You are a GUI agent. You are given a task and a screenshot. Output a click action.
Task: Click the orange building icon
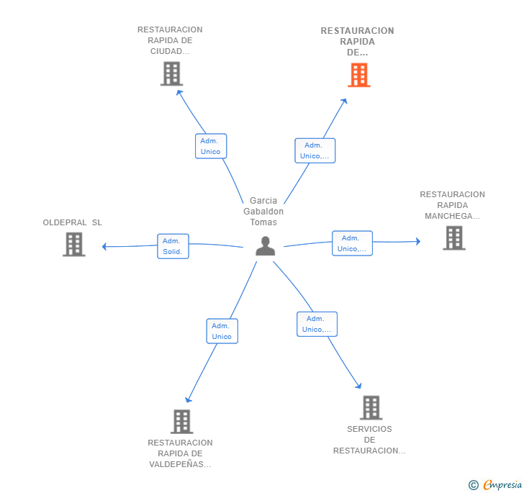359,75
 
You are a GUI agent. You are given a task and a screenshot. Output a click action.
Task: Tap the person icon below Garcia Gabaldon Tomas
266,246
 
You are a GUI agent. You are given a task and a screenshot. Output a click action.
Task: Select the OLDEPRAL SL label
72,222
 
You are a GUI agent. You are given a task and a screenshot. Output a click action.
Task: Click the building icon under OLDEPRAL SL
74,245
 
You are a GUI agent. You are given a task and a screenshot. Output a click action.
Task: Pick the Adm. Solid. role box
173,246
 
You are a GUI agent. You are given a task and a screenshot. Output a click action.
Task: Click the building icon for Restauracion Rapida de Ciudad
171,74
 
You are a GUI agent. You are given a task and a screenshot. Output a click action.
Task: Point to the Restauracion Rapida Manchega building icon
454,238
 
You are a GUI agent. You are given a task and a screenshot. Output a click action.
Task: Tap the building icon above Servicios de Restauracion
371,408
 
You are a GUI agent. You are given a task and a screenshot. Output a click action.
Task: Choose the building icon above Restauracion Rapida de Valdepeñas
182,422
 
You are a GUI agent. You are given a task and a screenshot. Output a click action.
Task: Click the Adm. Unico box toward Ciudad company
211,146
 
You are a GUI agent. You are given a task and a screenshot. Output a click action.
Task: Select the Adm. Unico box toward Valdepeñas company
222,331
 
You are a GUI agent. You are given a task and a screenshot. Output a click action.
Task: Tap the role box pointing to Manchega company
352,243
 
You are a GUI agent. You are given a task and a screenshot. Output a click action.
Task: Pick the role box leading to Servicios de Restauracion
317,324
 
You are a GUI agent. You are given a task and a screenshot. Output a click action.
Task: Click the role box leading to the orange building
315,150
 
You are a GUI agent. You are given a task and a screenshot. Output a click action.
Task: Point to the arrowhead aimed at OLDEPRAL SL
104,247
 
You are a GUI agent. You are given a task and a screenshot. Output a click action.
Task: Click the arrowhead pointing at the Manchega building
418,241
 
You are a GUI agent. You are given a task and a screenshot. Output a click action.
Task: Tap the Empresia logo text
502,484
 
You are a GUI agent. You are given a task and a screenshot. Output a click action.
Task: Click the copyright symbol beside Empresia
474,484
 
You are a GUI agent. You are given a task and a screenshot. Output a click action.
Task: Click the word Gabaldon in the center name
263,212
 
